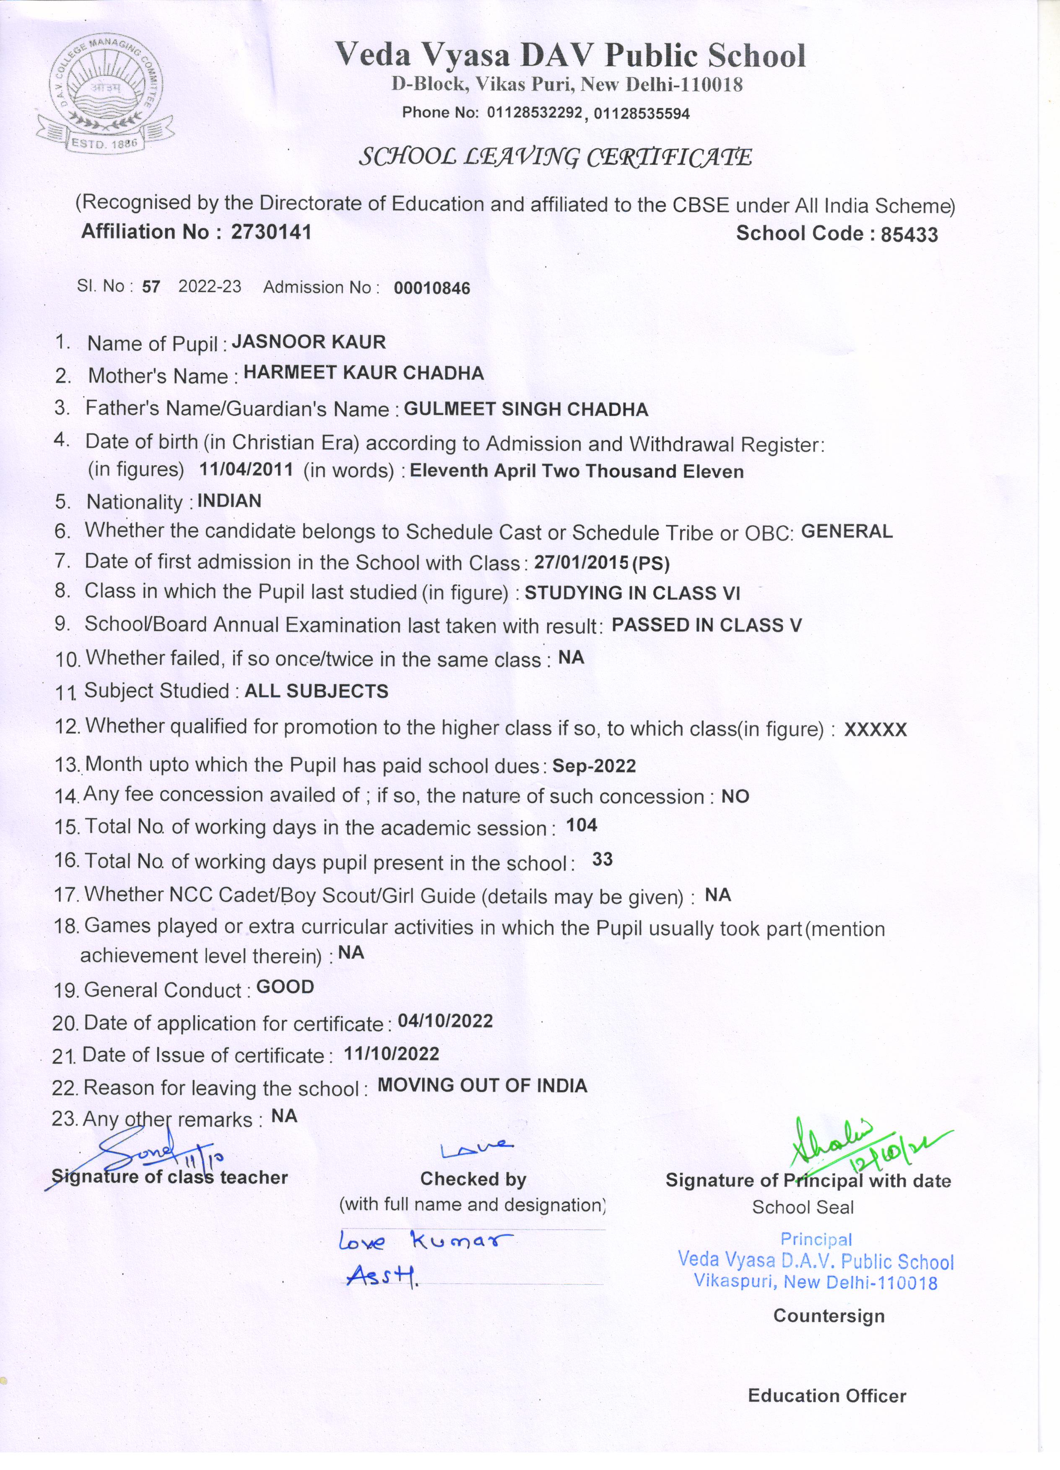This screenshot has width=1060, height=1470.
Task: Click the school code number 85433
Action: (x=909, y=235)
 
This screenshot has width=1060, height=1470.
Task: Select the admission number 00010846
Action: (x=432, y=288)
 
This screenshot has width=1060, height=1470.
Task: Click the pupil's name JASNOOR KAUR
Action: (x=309, y=342)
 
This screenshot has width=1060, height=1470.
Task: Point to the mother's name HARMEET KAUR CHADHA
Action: (x=364, y=373)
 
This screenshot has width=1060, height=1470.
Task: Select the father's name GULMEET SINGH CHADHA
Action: (x=526, y=410)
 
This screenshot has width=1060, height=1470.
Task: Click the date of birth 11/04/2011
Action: (x=247, y=469)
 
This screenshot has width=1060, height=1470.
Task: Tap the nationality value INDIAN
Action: (x=229, y=500)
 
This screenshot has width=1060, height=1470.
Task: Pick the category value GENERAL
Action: (x=847, y=531)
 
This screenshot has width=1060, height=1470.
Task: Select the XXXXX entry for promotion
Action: (x=875, y=730)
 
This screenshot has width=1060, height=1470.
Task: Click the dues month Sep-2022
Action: (x=594, y=766)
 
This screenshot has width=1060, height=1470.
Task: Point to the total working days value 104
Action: (x=582, y=825)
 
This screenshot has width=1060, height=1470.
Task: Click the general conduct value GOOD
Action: (x=285, y=987)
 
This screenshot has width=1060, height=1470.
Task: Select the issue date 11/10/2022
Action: (x=392, y=1053)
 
